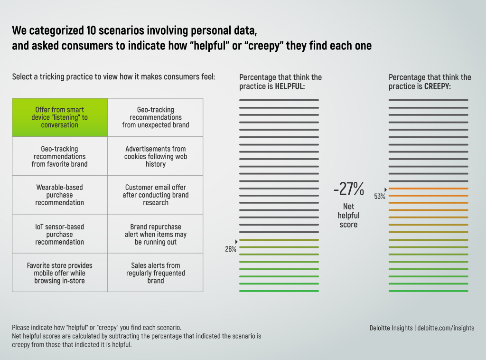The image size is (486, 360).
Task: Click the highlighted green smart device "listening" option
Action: tap(60, 117)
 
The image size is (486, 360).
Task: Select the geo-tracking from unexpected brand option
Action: tap(155, 117)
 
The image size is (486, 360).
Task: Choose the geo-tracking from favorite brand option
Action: tap(60, 156)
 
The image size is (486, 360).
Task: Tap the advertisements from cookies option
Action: tap(155, 156)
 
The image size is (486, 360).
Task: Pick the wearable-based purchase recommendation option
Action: tap(60, 195)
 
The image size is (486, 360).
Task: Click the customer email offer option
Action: tap(155, 195)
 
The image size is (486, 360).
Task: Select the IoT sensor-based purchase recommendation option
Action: tap(60, 234)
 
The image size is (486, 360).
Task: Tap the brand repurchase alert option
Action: tap(155, 234)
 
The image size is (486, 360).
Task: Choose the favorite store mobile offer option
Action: tap(60, 273)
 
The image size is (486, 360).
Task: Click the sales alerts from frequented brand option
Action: tap(155, 273)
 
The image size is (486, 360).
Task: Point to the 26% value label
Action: tap(231, 249)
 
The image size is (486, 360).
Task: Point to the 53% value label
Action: tap(380, 197)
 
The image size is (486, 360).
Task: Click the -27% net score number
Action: tap(348, 189)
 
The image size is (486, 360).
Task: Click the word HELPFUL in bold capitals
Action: tap(290, 86)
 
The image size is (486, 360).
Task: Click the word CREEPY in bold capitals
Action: tap(437, 86)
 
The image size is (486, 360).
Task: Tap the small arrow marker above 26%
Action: tap(236, 242)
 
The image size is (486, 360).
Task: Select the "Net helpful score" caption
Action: tap(348, 215)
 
